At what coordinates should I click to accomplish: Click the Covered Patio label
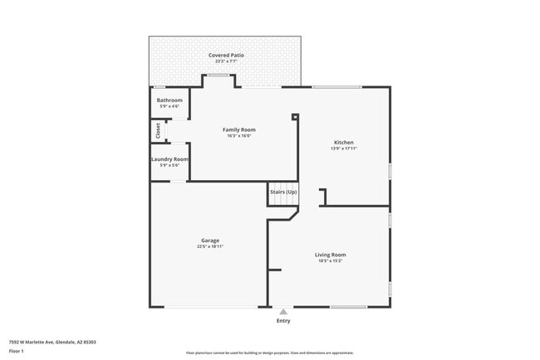click(x=225, y=56)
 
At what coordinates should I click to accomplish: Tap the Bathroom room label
click(x=169, y=100)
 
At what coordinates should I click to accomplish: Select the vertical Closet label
click(x=158, y=130)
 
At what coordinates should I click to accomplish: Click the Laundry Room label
click(x=169, y=158)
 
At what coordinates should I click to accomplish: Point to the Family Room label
click(x=238, y=129)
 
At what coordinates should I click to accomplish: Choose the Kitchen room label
click(x=343, y=142)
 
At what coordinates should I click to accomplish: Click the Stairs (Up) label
click(x=283, y=192)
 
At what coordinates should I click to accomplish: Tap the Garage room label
click(x=209, y=241)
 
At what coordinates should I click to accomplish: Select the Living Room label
click(x=330, y=255)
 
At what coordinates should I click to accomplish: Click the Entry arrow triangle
click(x=283, y=312)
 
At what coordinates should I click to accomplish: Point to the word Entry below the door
click(x=283, y=321)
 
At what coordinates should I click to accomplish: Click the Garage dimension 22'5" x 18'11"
click(x=209, y=246)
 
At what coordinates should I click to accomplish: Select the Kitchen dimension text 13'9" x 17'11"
click(x=343, y=148)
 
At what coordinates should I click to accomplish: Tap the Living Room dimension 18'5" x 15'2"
click(x=330, y=260)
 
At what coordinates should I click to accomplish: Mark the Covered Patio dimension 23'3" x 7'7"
click(x=225, y=61)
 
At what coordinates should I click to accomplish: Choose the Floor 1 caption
click(x=17, y=351)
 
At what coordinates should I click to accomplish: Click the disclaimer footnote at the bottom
click(x=269, y=353)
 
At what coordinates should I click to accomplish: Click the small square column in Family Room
click(x=295, y=117)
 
